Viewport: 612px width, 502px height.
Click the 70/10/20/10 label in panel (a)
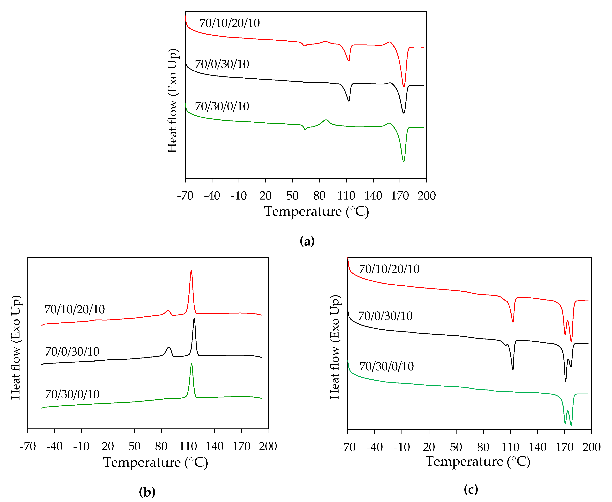coord(229,23)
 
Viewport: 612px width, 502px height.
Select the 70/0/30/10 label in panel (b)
coord(72,352)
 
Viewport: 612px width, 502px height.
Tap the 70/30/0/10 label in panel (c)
coord(387,366)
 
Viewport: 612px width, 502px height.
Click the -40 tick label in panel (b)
coord(54,446)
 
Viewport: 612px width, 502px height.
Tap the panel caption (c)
coord(471,489)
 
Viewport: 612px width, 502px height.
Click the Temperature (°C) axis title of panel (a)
coord(316,211)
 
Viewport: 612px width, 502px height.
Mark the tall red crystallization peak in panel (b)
coord(191,271)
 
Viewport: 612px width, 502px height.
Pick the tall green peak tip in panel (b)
coord(191,364)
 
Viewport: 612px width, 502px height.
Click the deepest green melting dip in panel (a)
coord(404,161)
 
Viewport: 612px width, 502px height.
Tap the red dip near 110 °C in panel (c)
coord(513,322)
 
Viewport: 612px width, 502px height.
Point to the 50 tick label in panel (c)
coord(456,447)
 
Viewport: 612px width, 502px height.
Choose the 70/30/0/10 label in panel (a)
coord(222,106)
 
